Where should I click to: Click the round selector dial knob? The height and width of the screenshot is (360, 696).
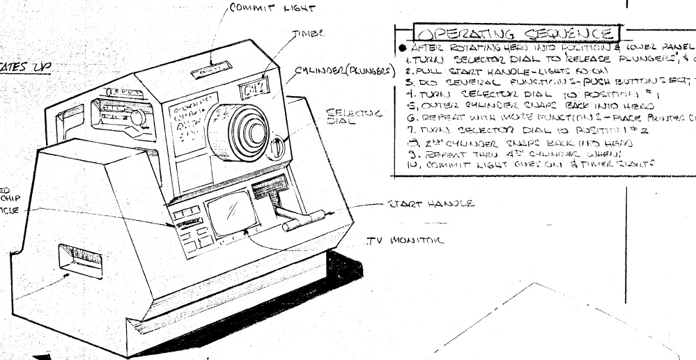pyautogui.click(x=277, y=129)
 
